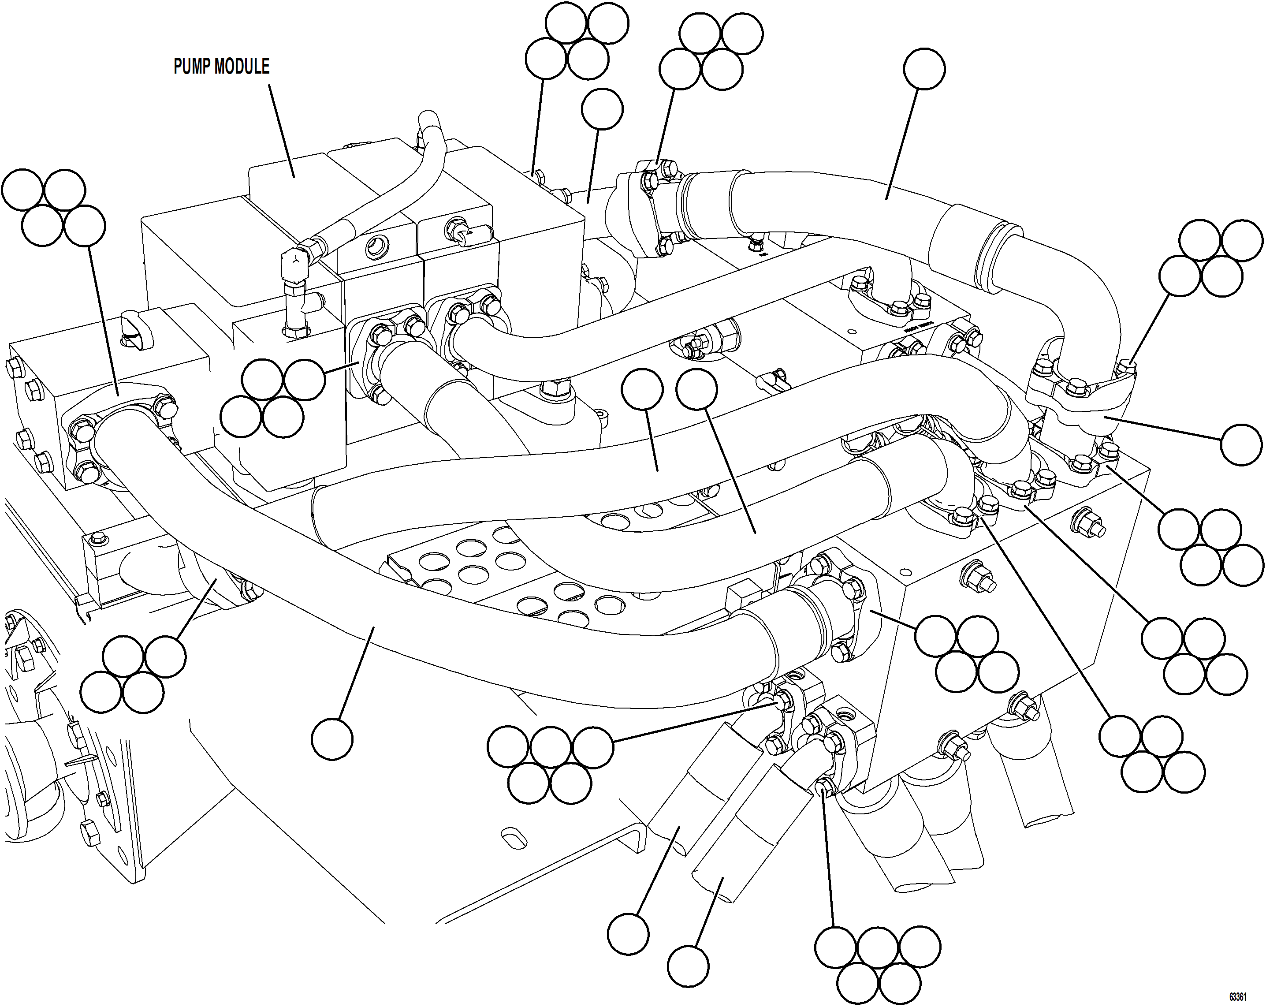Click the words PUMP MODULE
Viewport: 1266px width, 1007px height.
221,66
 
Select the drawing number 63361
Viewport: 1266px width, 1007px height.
1237,996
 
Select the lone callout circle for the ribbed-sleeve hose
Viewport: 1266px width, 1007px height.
924,69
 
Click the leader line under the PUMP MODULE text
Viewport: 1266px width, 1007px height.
282,129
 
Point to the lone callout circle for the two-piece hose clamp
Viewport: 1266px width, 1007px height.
1241,444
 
